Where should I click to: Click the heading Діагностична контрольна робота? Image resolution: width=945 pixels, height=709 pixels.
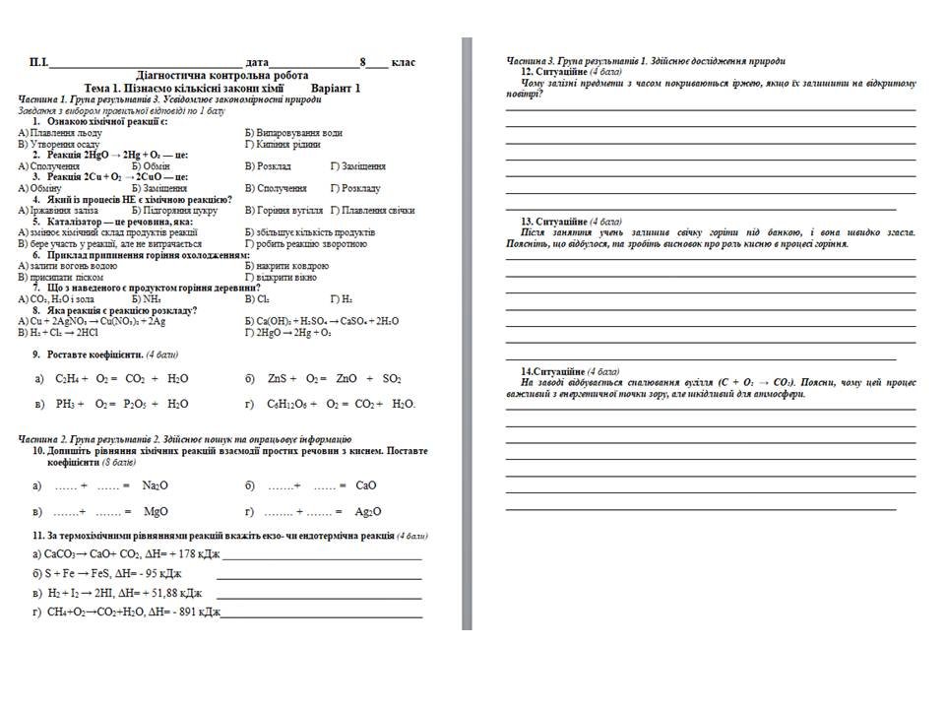tap(221, 76)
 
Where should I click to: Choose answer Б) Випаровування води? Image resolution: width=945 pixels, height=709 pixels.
tap(293, 132)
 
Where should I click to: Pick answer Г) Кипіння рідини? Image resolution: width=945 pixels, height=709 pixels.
tap(285, 144)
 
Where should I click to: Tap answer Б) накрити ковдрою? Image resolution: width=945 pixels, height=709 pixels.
tap(286, 266)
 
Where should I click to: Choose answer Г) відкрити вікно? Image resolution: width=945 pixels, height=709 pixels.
tap(282, 277)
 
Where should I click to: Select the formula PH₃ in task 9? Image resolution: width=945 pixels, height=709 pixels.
tap(67, 404)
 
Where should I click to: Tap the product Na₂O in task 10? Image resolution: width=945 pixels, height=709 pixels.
tap(155, 485)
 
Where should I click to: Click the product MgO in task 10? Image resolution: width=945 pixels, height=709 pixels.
tap(156, 512)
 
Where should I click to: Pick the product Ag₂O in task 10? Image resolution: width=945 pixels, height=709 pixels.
tap(368, 512)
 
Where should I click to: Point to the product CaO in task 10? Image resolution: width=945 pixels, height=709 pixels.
tap(365, 485)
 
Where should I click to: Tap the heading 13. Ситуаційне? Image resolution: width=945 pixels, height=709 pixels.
tap(554, 221)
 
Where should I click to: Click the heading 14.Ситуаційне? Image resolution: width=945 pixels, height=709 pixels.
tap(552, 370)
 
